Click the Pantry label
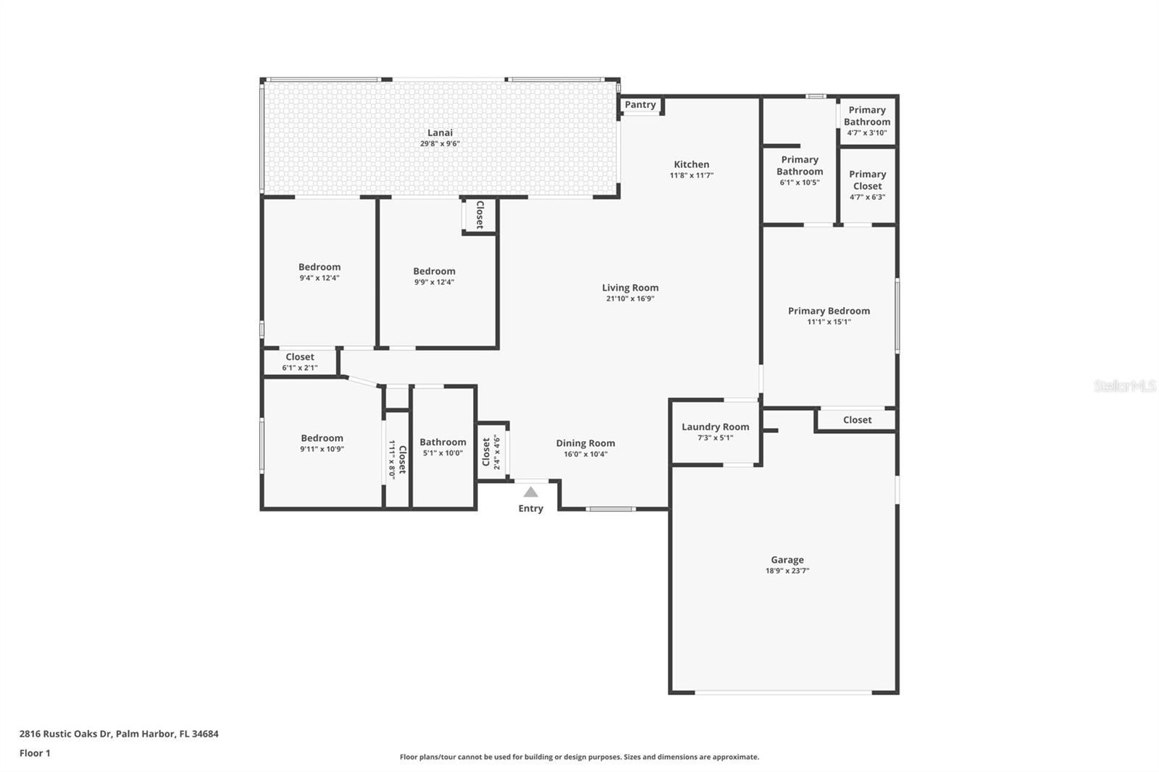(x=640, y=105)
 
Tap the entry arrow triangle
(x=531, y=492)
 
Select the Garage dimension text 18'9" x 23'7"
(x=787, y=571)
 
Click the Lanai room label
(x=440, y=133)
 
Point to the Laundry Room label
(x=715, y=427)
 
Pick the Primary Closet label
(x=867, y=180)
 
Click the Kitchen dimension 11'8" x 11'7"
(x=692, y=175)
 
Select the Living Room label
(x=630, y=288)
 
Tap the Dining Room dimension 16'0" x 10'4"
(x=585, y=455)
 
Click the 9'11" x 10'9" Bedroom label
(x=322, y=438)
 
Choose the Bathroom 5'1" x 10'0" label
(x=443, y=442)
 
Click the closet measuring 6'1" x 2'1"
(x=300, y=357)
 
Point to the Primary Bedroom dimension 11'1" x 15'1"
(x=829, y=322)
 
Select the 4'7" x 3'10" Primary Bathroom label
(x=867, y=116)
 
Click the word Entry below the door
(x=530, y=508)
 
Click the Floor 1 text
(x=35, y=753)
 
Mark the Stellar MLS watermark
(x=1124, y=387)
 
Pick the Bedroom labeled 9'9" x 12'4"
(x=434, y=272)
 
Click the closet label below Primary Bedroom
(x=857, y=420)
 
